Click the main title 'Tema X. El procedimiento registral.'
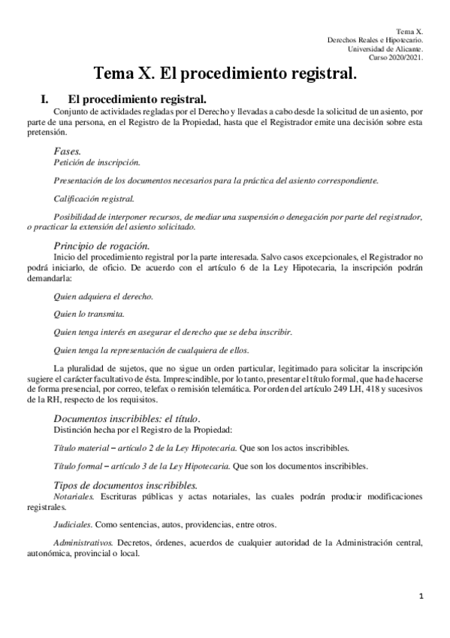pos(225,74)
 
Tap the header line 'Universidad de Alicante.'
pos(386,49)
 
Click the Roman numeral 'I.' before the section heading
pos(44,99)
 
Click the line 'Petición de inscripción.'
pos(96,162)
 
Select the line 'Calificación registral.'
pos(95,199)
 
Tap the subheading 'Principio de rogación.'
pos(101,246)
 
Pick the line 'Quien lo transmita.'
pos(89,313)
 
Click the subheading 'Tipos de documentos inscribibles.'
pos(125,485)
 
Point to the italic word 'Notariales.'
pos(74,497)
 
